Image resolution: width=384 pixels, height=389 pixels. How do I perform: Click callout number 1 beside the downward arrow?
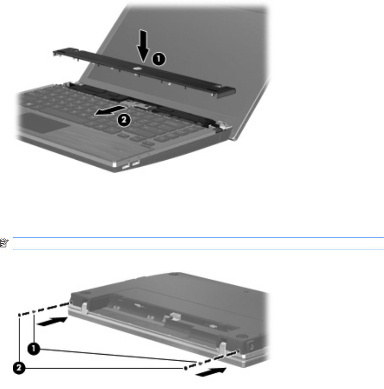coord(159,59)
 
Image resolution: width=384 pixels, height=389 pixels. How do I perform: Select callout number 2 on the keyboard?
coord(124,120)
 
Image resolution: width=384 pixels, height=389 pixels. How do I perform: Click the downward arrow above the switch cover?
coord(143,46)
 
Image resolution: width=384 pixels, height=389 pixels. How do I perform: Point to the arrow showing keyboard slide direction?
coord(111,110)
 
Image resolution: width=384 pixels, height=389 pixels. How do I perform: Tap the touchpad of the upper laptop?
coord(43,123)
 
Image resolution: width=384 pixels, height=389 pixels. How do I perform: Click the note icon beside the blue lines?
coord(4,243)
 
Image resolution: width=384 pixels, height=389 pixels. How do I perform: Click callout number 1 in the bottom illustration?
coord(33,349)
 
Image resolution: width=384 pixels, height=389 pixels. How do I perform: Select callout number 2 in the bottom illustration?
coord(19,368)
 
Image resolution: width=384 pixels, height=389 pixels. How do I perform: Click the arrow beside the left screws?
coord(52,321)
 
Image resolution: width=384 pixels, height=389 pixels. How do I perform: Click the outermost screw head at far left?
coord(20,315)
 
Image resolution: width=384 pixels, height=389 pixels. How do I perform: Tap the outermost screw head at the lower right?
coord(185,369)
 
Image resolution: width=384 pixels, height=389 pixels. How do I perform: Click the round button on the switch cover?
coord(137,69)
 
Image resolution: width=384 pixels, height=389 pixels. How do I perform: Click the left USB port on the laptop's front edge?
coord(126,166)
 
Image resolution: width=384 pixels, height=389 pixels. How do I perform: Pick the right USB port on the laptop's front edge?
coord(136,163)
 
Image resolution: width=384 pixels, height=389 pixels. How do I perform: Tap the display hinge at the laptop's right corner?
coord(223,126)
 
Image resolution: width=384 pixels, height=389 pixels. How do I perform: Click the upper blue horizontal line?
coord(198,237)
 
